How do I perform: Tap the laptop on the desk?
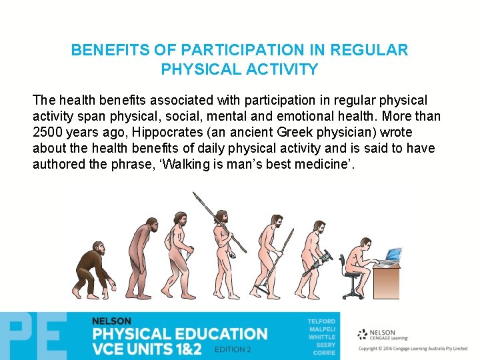(392, 256)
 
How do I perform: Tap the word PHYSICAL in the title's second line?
(197, 69)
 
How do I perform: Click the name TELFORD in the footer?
(321, 321)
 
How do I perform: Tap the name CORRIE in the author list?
(324, 353)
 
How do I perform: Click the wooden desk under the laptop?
(387, 280)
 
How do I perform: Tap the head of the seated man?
(365, 244)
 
